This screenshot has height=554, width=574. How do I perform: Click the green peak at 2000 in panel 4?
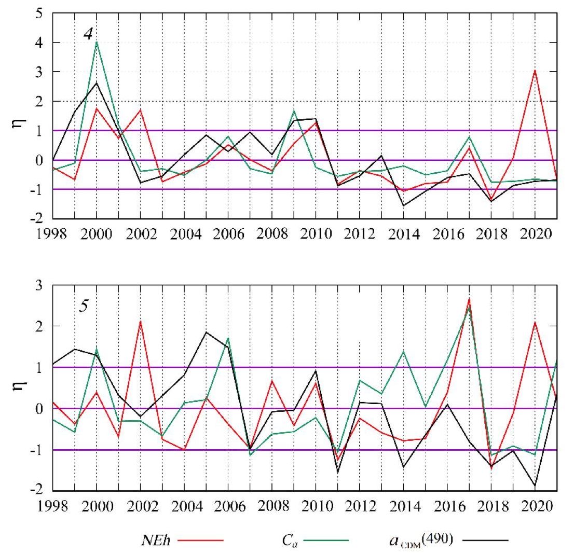pos(97,42)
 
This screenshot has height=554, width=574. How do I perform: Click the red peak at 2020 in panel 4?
pos(535,71)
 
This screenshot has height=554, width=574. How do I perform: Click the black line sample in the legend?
pos(485,540)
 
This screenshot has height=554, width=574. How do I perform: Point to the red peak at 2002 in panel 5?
pos(141,322)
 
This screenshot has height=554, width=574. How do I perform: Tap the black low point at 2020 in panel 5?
pos(535,486)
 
